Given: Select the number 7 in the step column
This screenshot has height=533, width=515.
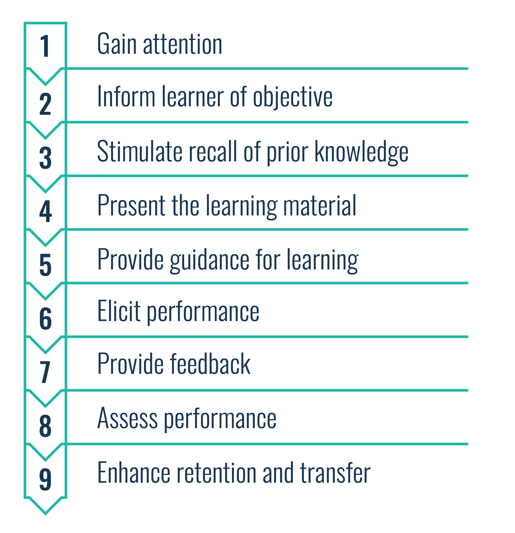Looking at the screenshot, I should coord(45,372).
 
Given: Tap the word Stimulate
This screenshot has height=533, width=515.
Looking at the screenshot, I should coord(140,151).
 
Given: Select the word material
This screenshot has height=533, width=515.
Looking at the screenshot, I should coord(320,206).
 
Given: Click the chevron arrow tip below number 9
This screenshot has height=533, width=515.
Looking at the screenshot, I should coord(45,513).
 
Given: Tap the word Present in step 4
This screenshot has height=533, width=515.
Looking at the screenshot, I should coord(131,206).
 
